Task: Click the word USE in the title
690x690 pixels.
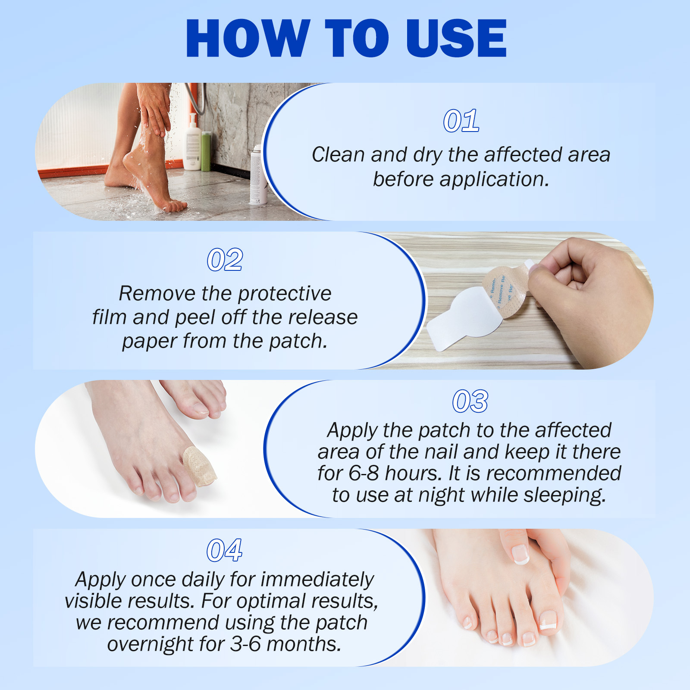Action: [x=456, y=39]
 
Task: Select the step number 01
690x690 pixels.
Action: [x=461, y=121]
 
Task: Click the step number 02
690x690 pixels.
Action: [x=225, y=260]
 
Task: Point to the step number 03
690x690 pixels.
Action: [x=470, y=401]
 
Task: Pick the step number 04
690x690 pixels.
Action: [x=224, y=550]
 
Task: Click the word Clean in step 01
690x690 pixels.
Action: [x=338, y=155]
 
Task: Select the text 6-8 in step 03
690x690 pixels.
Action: [x=363, y=473]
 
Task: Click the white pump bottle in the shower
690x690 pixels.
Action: [x=192, y=144]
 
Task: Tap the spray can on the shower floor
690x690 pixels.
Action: [x=258, y=177]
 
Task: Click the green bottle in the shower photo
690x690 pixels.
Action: [x=206, y=151]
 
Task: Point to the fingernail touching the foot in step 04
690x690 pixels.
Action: [x=521, y=554]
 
